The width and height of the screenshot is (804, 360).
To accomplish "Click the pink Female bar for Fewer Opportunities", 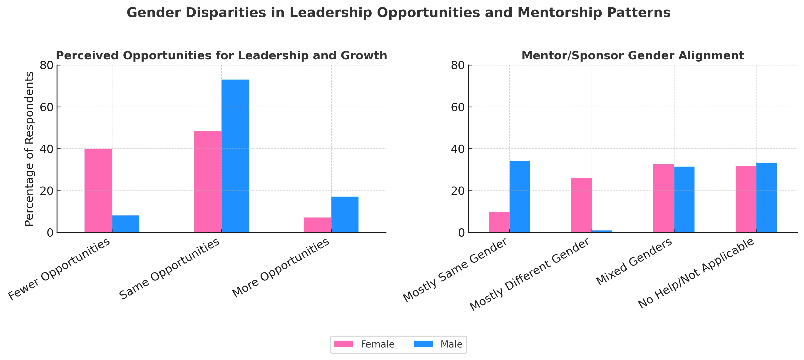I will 98,190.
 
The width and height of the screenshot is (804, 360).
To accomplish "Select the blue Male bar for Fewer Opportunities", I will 125,224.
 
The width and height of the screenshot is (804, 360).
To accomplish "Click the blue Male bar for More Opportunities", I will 345,215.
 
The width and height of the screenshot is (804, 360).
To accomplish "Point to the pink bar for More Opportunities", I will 317,225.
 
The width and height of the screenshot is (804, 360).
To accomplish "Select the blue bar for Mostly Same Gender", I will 520,197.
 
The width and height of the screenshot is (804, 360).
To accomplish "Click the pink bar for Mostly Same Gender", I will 499,222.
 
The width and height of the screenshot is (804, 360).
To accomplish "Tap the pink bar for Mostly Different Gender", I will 581,205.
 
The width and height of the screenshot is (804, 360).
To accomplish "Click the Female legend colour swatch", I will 344,344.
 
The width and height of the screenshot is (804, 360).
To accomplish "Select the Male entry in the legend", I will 451,344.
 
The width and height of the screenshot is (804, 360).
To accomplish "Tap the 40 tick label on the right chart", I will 458,149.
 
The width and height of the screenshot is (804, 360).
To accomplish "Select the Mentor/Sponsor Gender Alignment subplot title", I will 633,56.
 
